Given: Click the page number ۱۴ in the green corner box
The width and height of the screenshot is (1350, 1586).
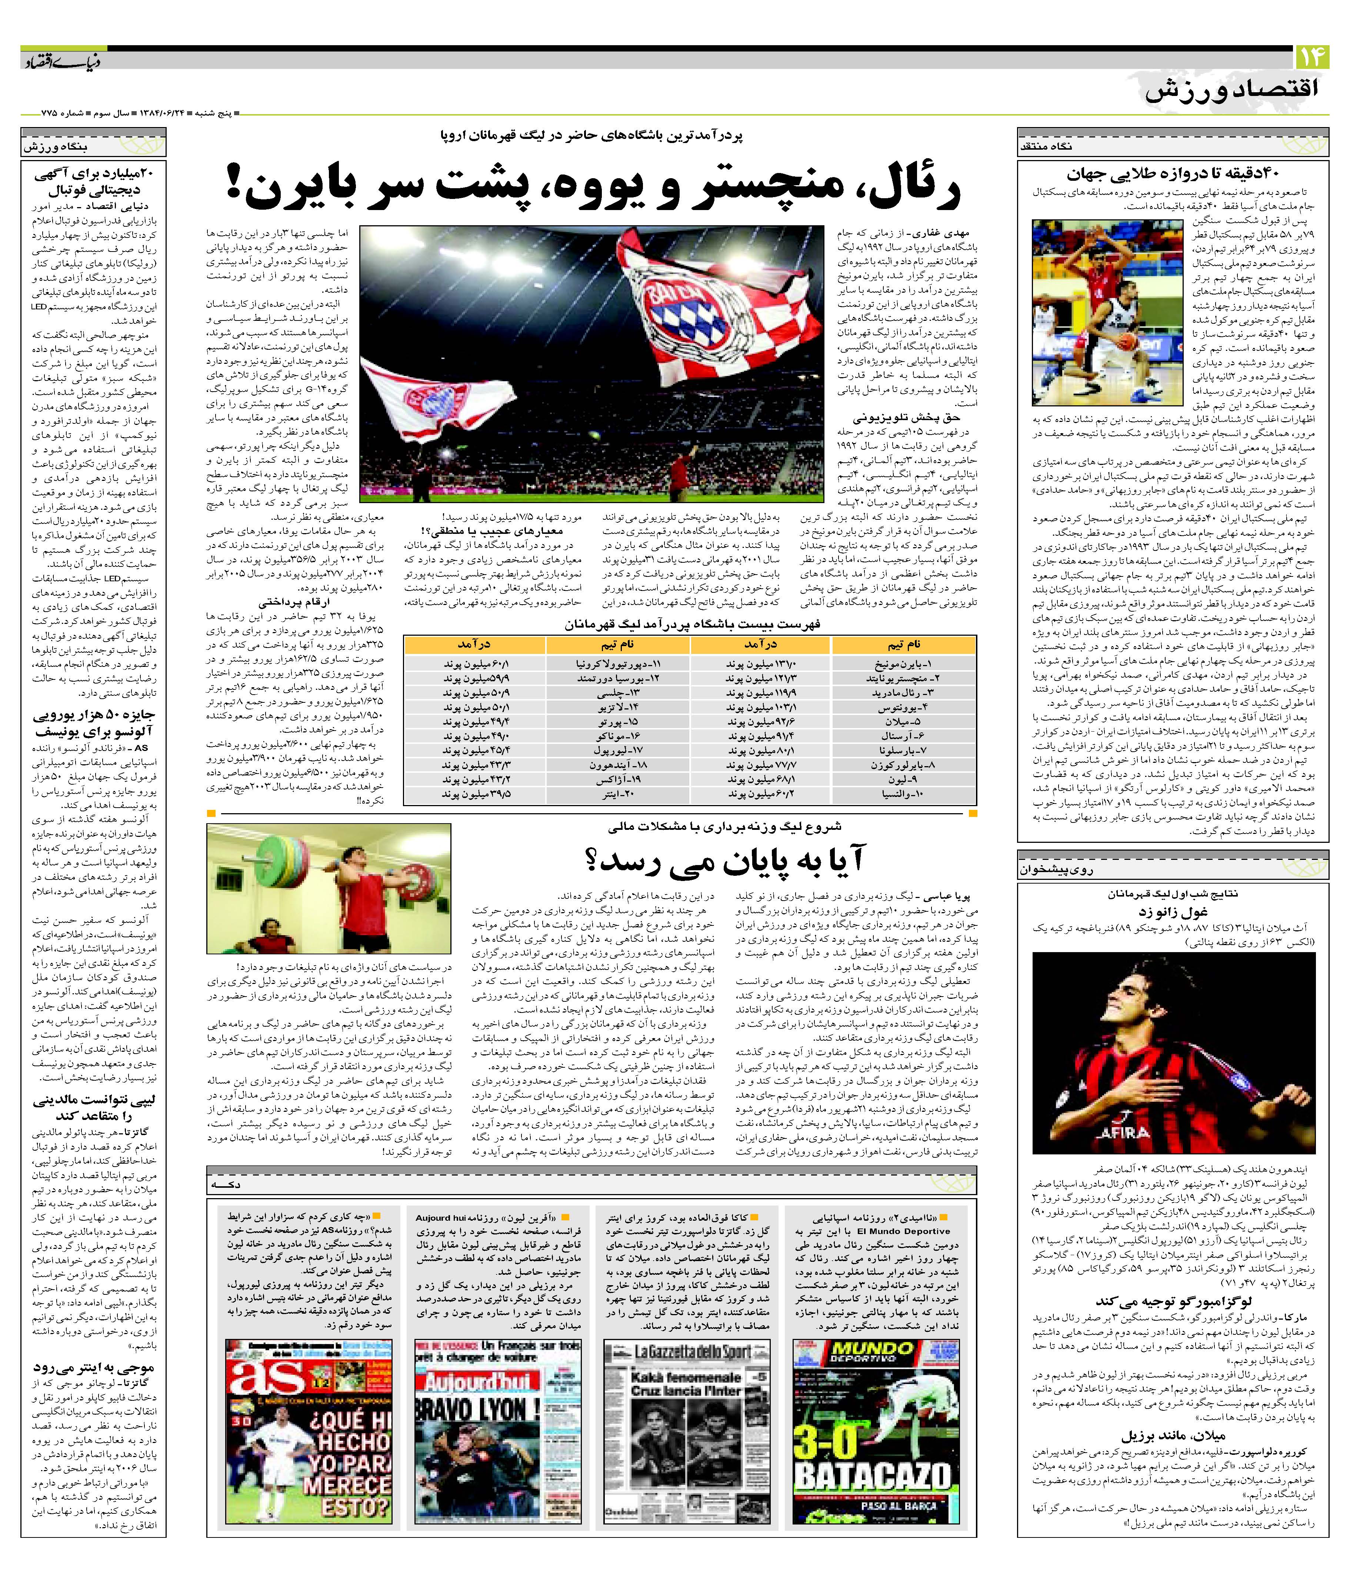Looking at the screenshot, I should tap(1312, 57).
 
